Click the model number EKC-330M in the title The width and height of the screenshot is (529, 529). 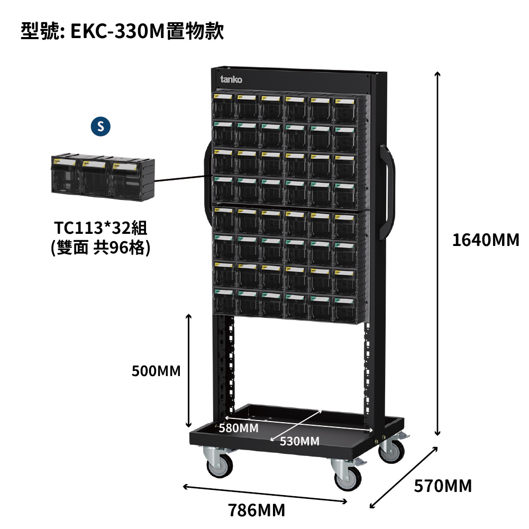(117, 31)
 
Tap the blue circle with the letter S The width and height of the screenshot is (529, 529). (101, 126)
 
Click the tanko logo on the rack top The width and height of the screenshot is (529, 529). (231, 79)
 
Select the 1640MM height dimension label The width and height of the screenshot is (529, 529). (486, 240)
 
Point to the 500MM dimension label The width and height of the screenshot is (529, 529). (156, 371)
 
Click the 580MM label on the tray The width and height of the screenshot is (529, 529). (239, 428)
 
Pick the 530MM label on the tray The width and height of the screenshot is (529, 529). (299, 441)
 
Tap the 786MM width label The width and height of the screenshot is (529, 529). (257, 510)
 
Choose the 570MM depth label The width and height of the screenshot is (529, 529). (443, 486)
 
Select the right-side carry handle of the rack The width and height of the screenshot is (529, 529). (387, 193)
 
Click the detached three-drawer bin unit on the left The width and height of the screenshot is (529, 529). (103, 178)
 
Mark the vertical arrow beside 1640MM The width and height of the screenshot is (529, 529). (437, 254)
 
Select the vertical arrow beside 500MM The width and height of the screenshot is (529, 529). (189, 371)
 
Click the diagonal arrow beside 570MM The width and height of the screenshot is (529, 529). (404, 477)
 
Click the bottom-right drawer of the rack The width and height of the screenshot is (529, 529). (345, 309)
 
